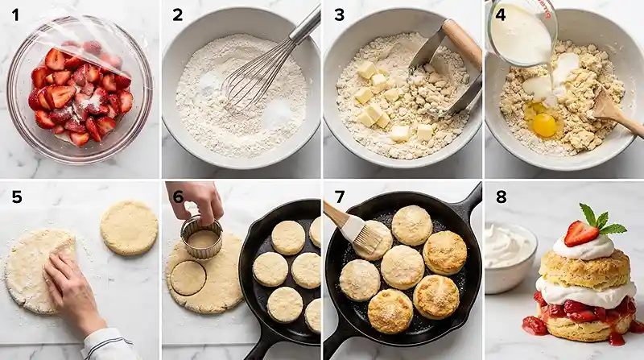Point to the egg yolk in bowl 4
click(545, 125)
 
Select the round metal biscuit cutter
click(200, 236)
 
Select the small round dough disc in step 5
click(129, 227)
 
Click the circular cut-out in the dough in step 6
click(188, 278)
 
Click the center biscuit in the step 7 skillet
click(402, 267)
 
